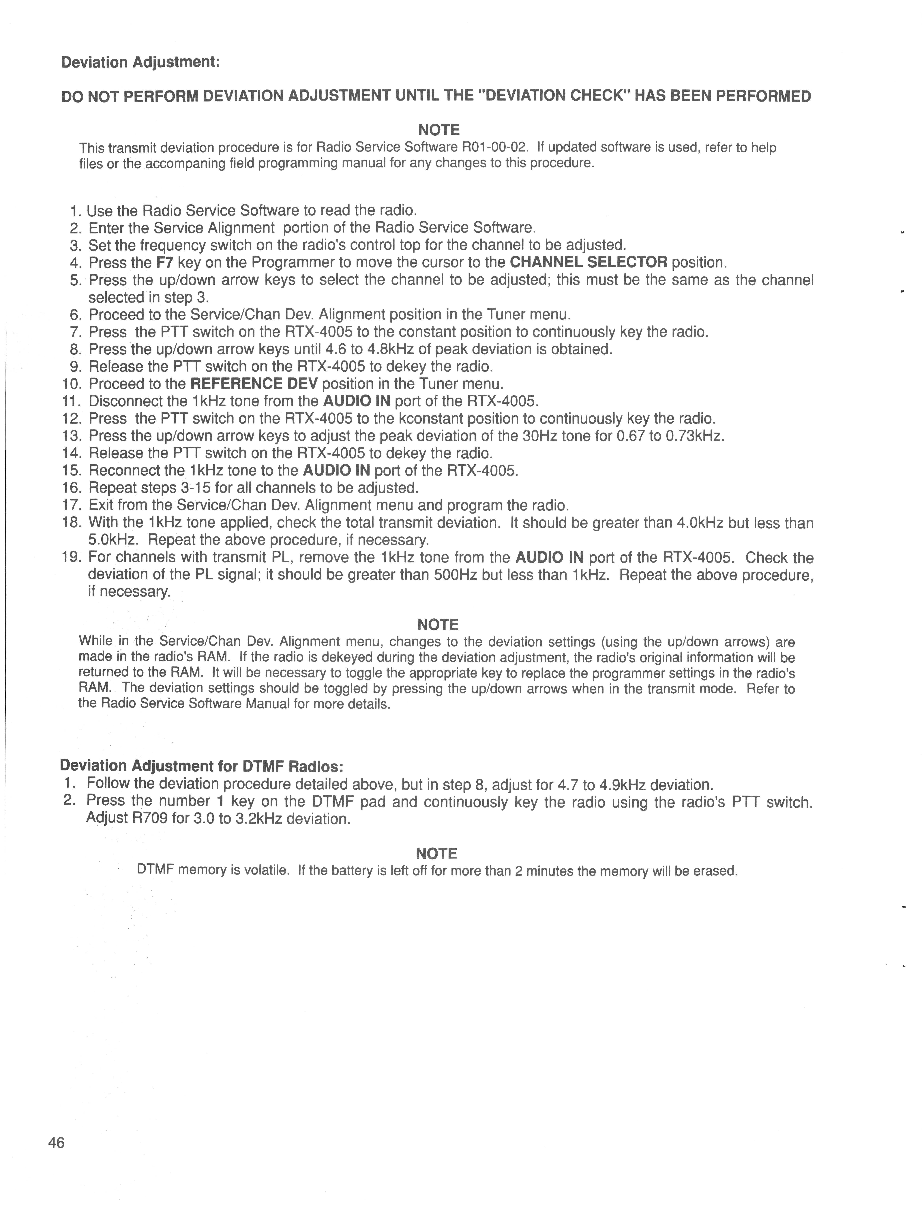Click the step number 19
tap(72, 558)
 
